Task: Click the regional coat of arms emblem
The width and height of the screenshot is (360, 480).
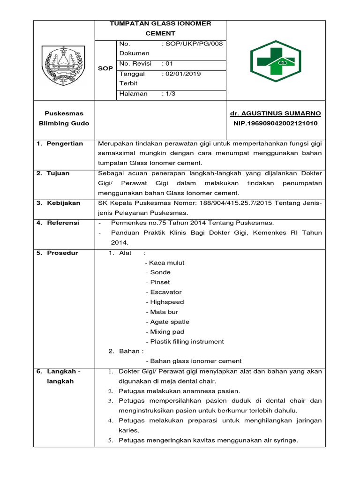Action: [x=63, y=61]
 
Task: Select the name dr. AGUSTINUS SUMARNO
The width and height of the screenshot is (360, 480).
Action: [x=276, y=114]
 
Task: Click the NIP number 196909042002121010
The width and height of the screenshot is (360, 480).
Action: [x=276, y=124]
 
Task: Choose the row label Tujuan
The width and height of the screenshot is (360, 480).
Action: [x=58, y=173]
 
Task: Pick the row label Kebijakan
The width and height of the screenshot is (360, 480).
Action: [x=63, y=203]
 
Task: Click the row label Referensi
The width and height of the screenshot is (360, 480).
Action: [x=63, y=223]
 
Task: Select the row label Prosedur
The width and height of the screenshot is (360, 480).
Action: [x=62, y=253]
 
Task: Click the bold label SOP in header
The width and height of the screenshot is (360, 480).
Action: [x=105, y=68]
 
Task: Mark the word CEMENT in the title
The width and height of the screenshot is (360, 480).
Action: [x=160, y=33]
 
